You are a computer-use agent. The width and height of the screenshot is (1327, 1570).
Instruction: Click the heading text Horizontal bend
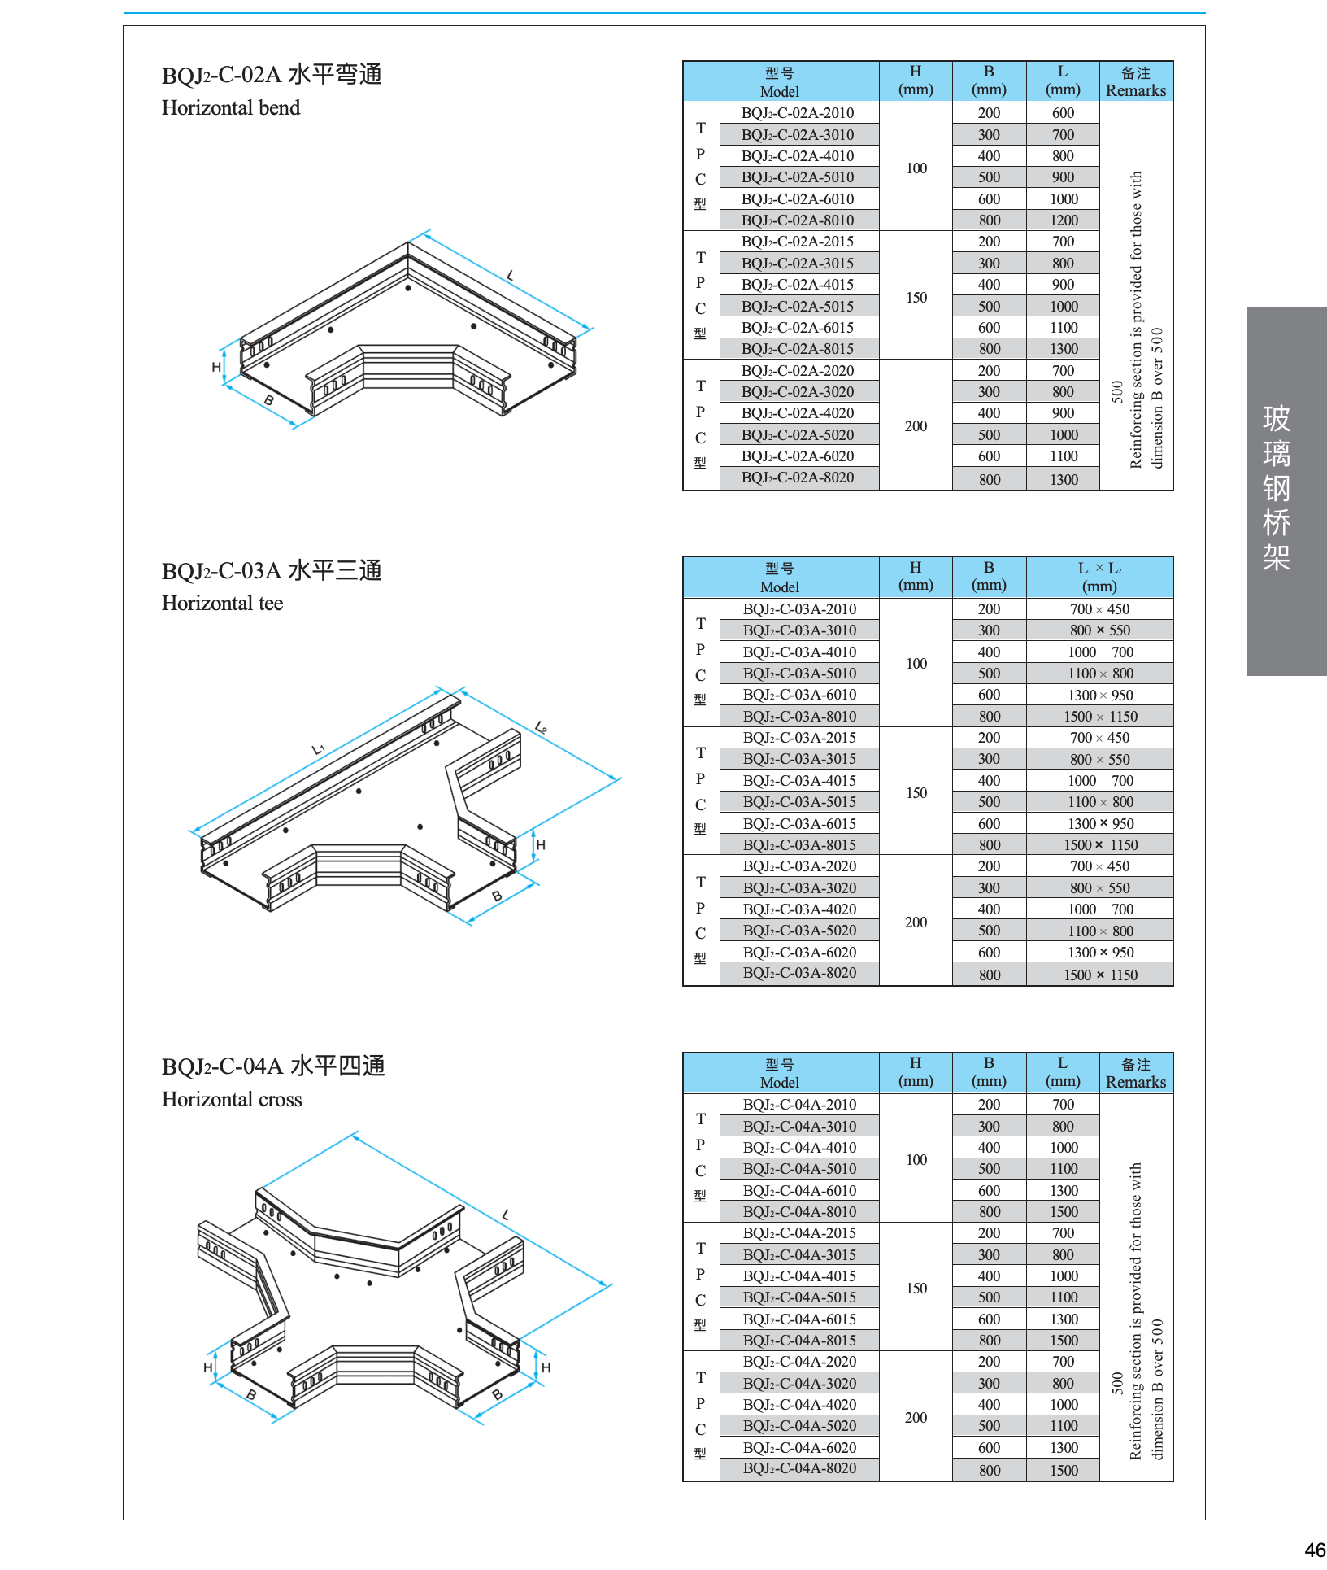click(231, 108)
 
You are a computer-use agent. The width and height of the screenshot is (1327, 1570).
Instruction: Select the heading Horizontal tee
click(222, 604)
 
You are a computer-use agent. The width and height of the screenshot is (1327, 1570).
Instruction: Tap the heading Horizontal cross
click(232, 1100)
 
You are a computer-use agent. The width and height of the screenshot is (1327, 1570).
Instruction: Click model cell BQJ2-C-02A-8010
click(798, 220)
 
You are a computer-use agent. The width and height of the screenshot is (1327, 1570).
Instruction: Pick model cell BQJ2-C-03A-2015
click(799, 738)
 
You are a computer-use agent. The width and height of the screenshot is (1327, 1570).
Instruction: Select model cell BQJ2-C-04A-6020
click(799, 1448)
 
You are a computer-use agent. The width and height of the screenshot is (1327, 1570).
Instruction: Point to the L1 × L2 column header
click(1099, 577)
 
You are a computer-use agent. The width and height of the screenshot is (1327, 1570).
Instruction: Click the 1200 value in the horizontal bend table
click(1064, 220)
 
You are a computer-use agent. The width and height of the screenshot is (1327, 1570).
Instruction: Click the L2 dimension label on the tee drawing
click(542, 727)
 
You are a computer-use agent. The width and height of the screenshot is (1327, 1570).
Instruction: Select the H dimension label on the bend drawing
click(216, 367)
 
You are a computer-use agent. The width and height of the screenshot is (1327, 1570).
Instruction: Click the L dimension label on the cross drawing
click(506, 1215)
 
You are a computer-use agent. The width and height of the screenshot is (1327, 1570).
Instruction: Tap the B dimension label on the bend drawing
click(269, 400)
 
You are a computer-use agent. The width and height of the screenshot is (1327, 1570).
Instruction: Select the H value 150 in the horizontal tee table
click(916, 793)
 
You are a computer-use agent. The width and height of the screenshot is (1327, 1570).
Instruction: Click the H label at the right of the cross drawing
click(546, 1368)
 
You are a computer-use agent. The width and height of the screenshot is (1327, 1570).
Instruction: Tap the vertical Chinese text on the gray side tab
click(1277, 487)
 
